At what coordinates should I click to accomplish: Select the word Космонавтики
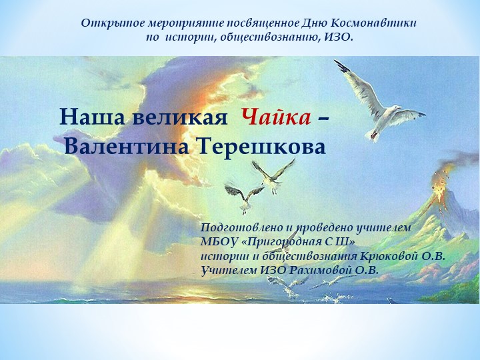[381, 23]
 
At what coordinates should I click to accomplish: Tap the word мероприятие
[172, 23]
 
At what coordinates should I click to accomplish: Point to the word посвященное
[251, 23]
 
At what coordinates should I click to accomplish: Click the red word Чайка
[275, 117]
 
